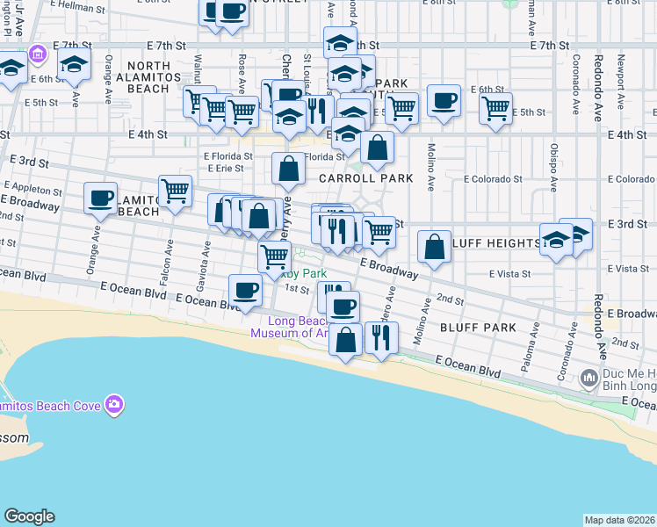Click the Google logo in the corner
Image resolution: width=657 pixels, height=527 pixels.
29,516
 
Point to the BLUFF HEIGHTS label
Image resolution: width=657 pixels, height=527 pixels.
495,242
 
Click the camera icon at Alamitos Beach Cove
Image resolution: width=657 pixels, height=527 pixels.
113,405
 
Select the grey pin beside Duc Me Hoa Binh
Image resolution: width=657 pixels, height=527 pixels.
589,379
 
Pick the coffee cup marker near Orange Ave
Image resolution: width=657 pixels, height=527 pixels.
101,197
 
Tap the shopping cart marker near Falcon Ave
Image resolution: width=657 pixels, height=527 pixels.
176,189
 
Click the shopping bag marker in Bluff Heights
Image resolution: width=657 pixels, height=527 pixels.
434,245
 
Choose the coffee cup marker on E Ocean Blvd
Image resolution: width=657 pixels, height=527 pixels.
245,290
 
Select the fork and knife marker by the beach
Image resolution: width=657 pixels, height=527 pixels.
380,336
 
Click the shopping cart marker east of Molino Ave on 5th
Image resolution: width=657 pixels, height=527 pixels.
496,109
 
